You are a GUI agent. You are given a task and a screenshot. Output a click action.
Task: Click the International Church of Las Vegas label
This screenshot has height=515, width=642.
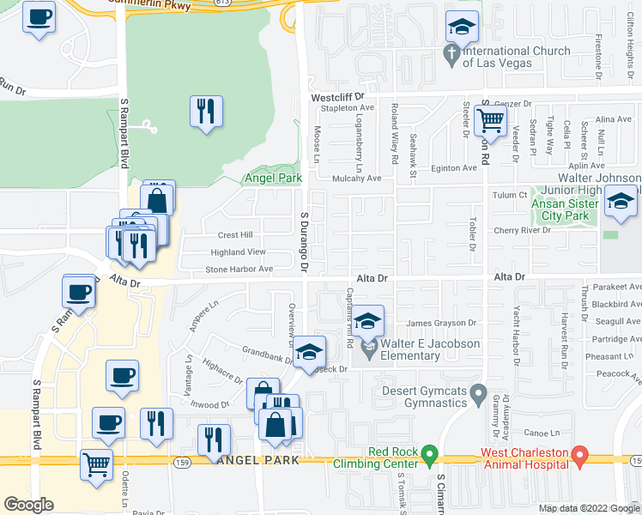(516, 57)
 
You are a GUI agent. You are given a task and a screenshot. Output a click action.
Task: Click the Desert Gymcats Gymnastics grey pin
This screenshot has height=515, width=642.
(479, 396)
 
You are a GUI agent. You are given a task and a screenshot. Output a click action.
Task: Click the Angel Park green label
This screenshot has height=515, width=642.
(273, 178)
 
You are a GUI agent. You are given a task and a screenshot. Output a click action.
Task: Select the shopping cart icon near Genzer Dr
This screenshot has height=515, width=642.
(489, 119)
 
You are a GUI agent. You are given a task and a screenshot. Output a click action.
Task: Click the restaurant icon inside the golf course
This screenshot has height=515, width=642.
(206, 112)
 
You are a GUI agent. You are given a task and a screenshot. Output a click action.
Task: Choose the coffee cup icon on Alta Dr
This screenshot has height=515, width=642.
(79, 290)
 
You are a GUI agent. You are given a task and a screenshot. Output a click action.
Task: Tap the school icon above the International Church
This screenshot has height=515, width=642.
(462, 27)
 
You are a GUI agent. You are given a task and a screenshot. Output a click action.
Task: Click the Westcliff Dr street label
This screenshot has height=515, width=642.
(337, 98)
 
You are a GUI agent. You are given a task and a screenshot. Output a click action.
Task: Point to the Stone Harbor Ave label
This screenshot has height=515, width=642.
(239, 270)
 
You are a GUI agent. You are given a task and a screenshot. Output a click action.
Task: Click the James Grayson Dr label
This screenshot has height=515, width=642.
(441, 324)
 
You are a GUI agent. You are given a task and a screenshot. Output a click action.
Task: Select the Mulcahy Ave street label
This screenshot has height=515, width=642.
(356, 179)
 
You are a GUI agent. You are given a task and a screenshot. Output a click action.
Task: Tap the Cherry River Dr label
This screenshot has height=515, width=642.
(521, 231)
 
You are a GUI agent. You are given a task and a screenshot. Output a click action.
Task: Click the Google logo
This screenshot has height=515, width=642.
(29, 505)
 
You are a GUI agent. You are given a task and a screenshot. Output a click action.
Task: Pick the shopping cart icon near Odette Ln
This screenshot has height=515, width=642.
(95, 464)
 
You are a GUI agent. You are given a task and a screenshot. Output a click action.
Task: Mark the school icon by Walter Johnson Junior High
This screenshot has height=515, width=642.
(621, 202)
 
